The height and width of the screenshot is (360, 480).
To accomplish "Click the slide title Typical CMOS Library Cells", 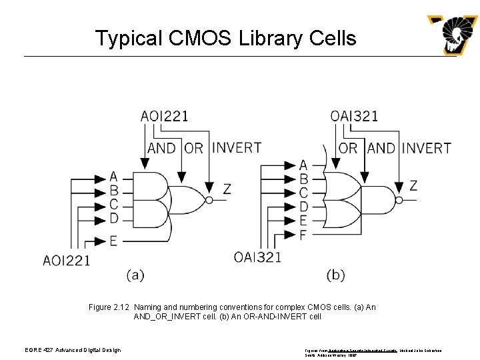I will coord(225,38).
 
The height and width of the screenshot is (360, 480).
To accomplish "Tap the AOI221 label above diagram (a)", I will coord(164,116).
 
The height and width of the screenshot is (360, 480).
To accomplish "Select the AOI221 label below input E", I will coord(67,260).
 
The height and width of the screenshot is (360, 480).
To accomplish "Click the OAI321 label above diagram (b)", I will coord(354,116).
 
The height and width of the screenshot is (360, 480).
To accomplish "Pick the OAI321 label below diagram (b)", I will coord(257,256).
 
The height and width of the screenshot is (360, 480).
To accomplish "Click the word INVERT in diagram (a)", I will coord(237,147).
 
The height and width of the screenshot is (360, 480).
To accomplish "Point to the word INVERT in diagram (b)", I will coord(427,147).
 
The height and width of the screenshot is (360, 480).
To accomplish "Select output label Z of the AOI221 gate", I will coord(227,189).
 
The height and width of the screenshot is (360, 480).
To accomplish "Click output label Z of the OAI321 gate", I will coord(413,185).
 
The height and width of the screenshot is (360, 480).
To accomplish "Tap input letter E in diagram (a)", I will coord(113,240).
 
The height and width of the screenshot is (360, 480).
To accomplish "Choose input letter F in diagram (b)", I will coord(304,234).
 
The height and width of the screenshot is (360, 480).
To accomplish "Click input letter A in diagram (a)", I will coord(113,177).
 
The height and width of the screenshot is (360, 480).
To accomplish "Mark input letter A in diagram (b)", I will coord(304,165).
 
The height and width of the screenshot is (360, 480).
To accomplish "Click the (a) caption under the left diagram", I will coord(135,274).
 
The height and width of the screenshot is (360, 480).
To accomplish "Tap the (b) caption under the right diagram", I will coord(336,274).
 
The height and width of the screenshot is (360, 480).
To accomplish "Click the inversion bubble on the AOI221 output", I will coord(209,200).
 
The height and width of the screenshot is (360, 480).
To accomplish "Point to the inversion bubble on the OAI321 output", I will coord(399,199).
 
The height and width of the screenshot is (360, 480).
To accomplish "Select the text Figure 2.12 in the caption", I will coord(109,307).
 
